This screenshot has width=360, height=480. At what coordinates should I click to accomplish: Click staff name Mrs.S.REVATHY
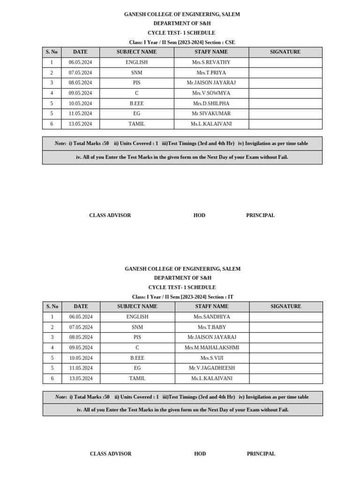(x=211, y=62)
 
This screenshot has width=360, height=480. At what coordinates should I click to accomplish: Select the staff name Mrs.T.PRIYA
(x=211, y=73)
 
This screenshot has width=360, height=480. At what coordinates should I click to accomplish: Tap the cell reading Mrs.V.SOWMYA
(x=211, y=93)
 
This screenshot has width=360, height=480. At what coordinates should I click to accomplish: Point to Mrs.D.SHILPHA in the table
(x=211, y=104)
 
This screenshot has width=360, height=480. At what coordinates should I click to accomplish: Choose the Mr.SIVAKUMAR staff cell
(x=211, y=113)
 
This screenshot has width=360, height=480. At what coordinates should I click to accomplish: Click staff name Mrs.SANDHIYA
(x=212, y=317)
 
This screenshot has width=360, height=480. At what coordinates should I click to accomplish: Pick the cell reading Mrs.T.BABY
(x=212, y=327)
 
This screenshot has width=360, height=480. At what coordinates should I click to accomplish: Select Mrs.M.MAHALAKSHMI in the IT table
(x=212, y=348)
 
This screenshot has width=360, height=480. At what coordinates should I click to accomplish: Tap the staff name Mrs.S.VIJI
(x=212, y=358)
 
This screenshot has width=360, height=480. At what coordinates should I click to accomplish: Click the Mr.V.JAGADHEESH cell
(x=212, y=368)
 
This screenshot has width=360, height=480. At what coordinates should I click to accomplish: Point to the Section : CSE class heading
(x=182, y=42)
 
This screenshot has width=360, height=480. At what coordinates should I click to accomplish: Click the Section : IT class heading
(x=182, y=297)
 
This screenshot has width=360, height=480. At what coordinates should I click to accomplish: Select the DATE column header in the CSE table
(x=80, y=52)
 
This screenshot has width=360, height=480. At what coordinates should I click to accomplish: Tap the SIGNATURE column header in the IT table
(x=286, y=307)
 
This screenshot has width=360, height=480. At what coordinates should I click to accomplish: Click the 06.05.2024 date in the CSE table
(x=80, y=62)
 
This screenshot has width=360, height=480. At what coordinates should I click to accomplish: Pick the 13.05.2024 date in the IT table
(x=81, y=379)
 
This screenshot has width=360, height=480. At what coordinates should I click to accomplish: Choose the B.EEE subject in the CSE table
(x=136, y=104)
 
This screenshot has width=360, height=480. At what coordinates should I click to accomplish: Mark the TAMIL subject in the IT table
(x=137, y=379)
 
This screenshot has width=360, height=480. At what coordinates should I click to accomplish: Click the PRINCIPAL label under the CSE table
(x=260, y=216)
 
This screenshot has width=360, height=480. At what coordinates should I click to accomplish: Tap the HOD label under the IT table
(x=200, y=454)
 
